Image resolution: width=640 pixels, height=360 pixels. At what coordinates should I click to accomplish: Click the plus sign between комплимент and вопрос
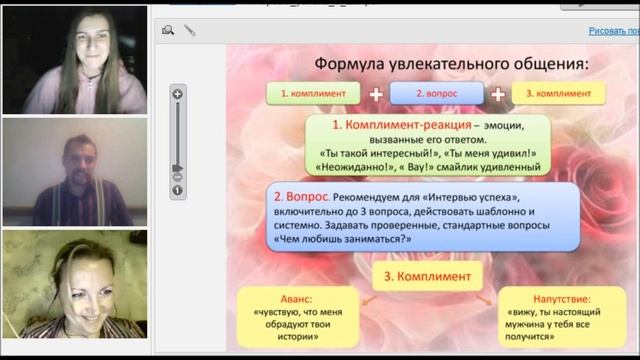pos(375,94)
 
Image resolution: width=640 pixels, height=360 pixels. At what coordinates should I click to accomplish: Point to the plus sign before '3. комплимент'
pos(497,94)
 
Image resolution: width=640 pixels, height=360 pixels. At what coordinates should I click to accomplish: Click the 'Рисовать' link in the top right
pos(612,31)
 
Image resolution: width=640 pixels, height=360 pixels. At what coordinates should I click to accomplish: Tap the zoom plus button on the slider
pos(177,94)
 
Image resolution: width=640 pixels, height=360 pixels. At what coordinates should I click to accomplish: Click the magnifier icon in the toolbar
pos(168,31)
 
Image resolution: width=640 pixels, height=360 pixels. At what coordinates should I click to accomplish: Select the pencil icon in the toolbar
pos(190,31)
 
